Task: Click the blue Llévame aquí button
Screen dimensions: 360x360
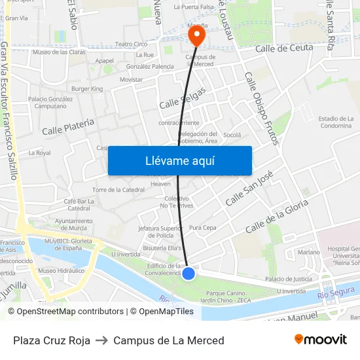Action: pyautogui.click(x=179, y=160)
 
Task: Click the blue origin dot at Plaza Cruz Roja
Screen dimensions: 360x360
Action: pyautogui.click(x=189, y=273)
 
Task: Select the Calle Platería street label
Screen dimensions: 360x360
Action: pyautogui.click(x=68, y=126)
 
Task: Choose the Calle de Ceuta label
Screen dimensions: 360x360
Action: pyautogui.click(x=284, y=48)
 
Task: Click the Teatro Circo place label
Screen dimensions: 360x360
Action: pyautogui.click(x=131, y=44)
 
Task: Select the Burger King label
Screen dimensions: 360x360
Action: pyautogui.click(x=87, y=88)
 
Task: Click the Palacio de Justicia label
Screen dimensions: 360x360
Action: pyautogui.click(x=289, y=279)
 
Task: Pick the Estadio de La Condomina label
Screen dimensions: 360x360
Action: pyautogui.click(x=335, y=122)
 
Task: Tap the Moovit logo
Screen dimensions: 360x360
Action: pyautogui.click(x=320, y=340)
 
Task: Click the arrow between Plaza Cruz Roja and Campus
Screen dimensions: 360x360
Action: pyautogui.click(x=101, y=340)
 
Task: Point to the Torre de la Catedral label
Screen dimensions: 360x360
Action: pyautogui.click(x=118, y=190)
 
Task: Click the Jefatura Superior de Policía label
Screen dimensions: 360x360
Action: pyautogui.click(x=160, y=232)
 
